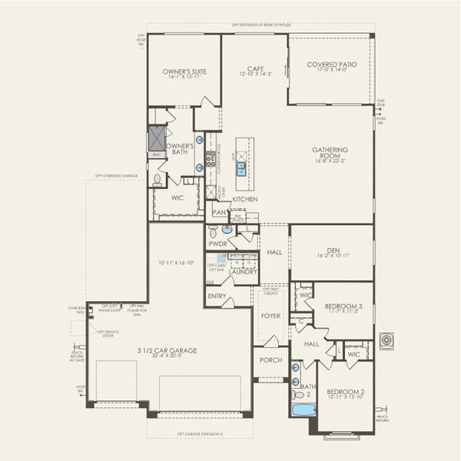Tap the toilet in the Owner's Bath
point(157,181)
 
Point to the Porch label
point(270,360)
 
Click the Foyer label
point(270,315)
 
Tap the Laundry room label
point(243,271)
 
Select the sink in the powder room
point(226,229)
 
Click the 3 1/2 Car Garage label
point(167,350)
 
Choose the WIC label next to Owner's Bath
point(177,197)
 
